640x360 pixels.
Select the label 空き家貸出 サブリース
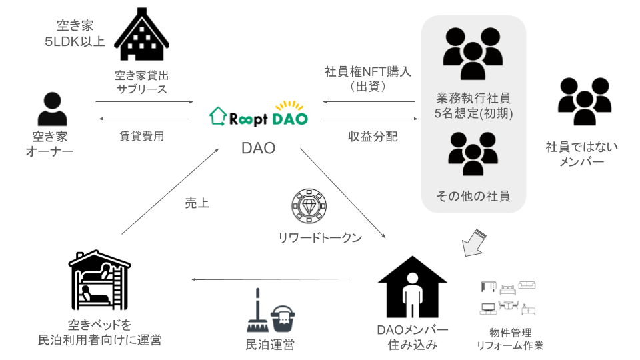pos(141,81)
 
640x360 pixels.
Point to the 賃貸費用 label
pos(141,136)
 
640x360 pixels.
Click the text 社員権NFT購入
pos(368,71)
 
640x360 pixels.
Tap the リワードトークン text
pos(320,237)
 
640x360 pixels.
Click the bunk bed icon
pos(98,279)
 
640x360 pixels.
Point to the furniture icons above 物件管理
pos(509,298)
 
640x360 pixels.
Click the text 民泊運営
pos(269,345)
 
